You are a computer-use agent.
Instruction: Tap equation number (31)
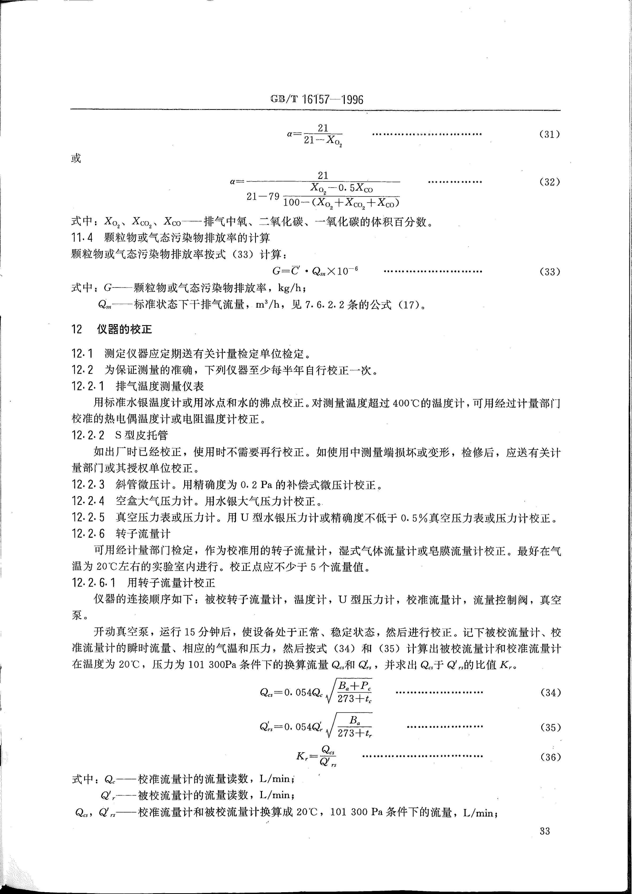[549, 134]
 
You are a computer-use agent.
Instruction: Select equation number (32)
[549, 182]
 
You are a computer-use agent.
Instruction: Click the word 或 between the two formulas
[76, 158]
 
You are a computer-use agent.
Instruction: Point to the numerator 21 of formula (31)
[323, 128]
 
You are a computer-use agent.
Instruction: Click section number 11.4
[82, 238]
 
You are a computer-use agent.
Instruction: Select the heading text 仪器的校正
[124, 329]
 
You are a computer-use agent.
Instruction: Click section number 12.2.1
[88, 386]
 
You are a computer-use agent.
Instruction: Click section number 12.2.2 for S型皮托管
[88, 435]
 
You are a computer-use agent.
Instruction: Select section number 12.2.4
[88, 501]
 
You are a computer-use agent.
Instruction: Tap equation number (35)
[550, 727]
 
